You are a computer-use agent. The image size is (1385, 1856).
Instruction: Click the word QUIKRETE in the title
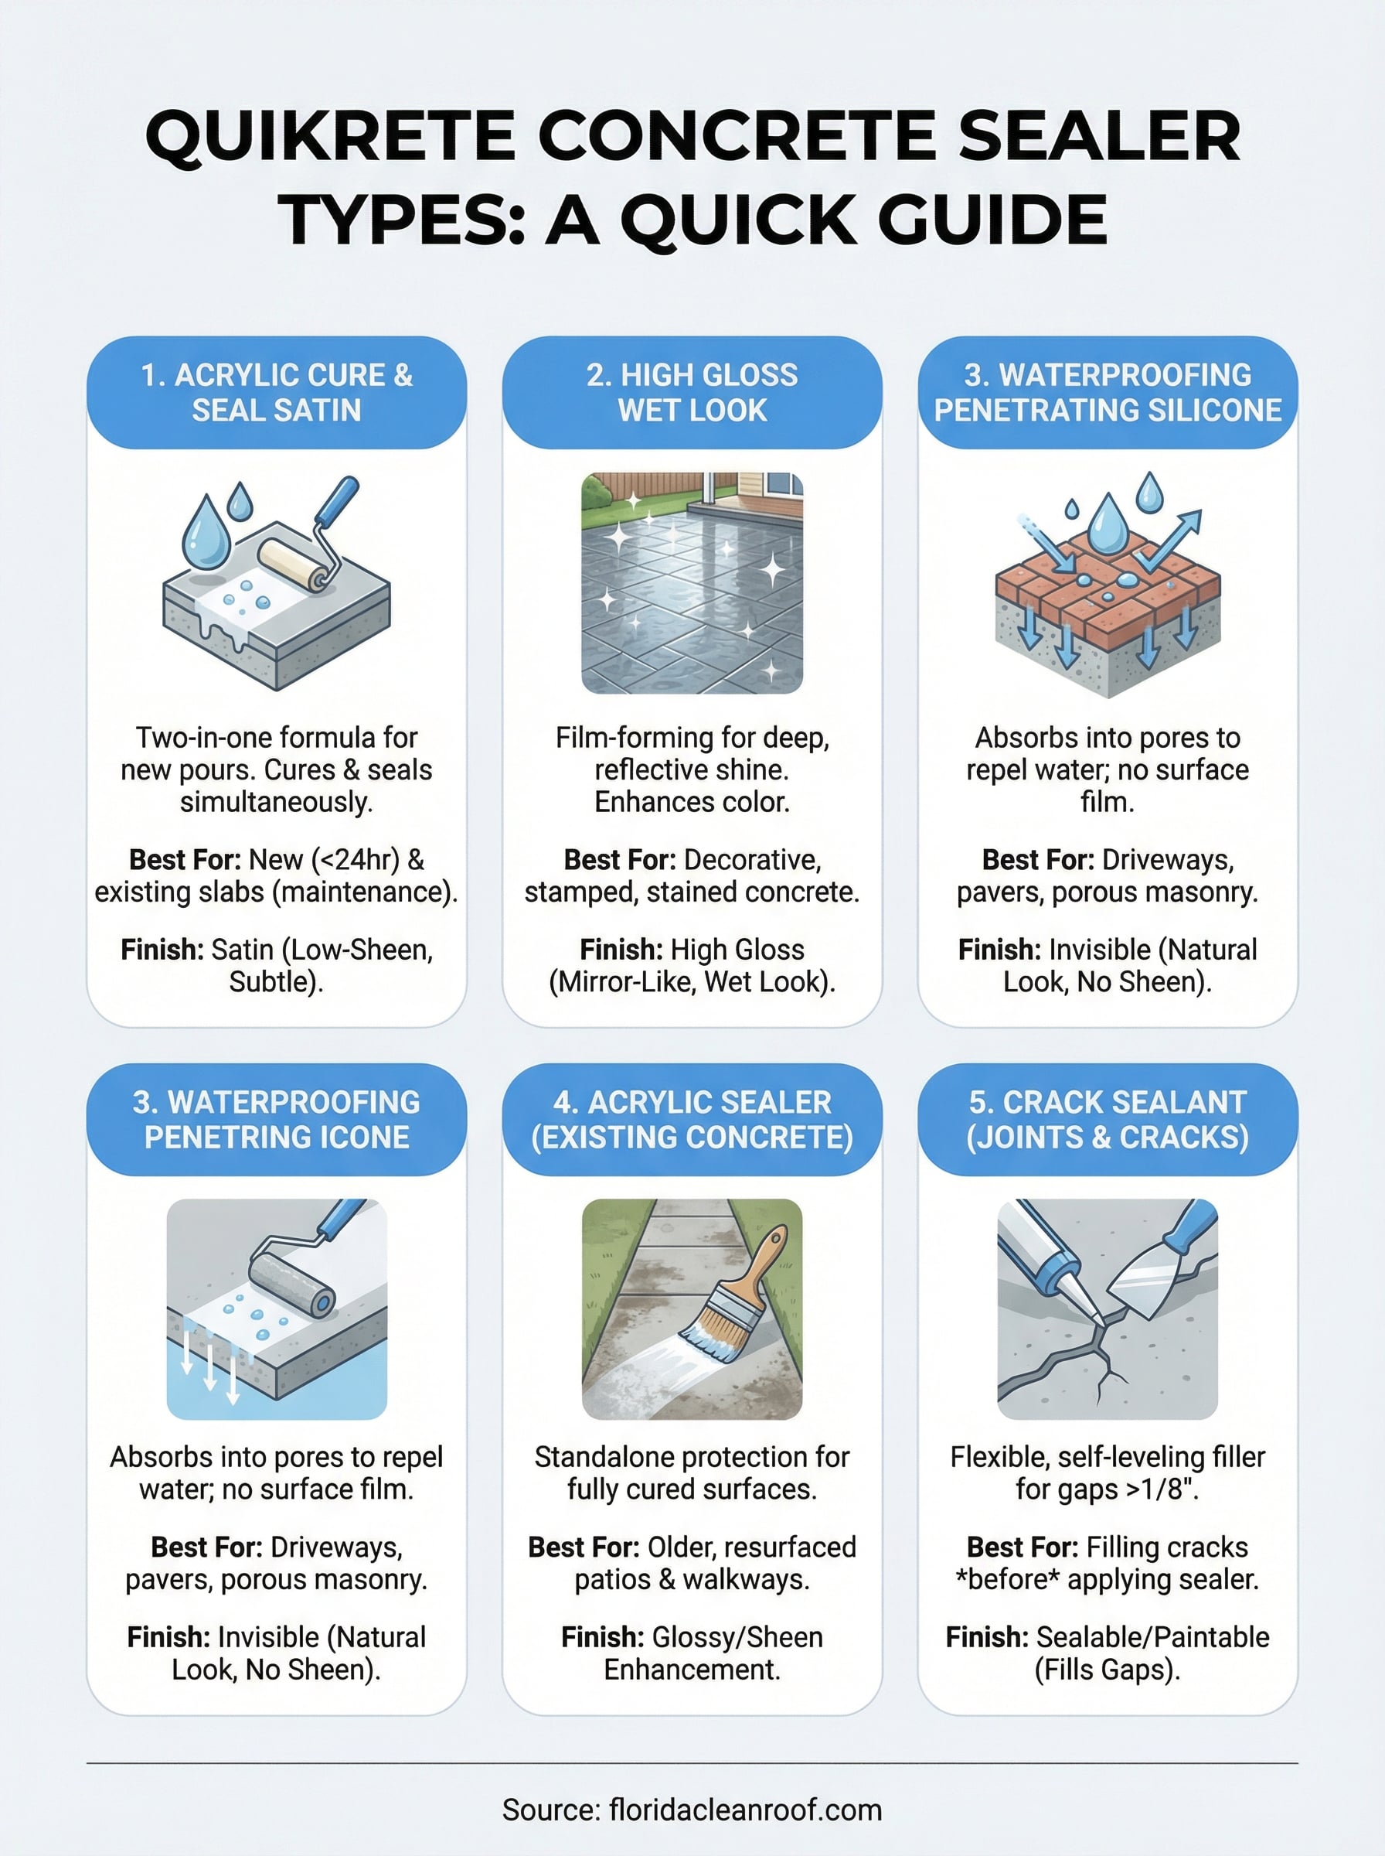pos(329,137)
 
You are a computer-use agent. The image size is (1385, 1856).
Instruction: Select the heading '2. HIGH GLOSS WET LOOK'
pos(692,393)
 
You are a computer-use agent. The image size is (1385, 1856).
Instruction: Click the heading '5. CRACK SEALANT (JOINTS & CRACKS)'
pos(1107,1119)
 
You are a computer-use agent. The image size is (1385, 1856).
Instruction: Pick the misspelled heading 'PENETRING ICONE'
pos(277,1138)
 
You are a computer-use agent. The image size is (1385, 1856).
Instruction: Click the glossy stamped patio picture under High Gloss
pos(692,583)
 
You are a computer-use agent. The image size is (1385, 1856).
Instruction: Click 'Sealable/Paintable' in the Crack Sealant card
pos(1153,1636)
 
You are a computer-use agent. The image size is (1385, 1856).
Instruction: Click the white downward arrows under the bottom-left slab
pos(209,1363)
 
